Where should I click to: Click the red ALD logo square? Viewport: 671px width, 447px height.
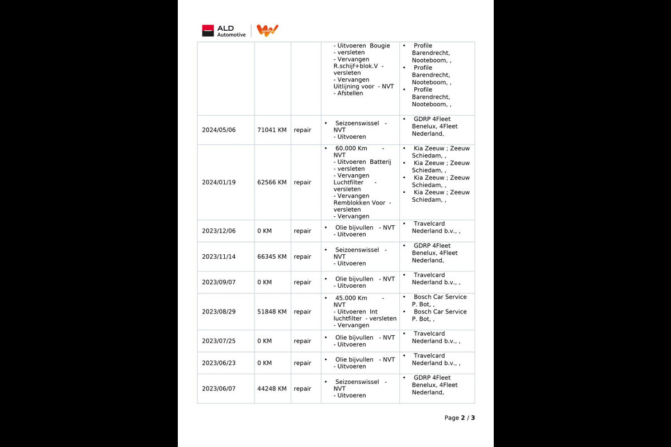208,31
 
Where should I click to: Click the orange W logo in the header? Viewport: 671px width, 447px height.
267,31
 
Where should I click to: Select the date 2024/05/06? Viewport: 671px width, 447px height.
219,130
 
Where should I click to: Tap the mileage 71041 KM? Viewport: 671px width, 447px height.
272,130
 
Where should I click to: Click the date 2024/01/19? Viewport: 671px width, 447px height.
219,182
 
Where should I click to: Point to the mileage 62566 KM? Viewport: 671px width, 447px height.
272,182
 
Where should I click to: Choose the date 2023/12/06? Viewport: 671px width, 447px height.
219,231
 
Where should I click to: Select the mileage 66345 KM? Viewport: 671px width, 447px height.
272,256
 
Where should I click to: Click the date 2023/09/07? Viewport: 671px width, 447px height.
219,282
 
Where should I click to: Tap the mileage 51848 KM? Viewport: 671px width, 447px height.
272,312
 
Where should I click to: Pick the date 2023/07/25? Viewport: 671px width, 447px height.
219,341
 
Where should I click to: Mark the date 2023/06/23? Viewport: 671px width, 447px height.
219,363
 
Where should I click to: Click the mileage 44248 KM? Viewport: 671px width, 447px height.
272,389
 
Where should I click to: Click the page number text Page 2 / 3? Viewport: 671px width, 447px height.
460,418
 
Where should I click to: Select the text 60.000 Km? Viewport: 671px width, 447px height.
351,149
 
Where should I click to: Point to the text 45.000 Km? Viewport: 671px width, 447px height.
351,298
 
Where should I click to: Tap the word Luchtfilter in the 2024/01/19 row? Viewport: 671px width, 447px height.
348,183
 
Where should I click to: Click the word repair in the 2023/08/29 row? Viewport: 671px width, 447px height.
303,312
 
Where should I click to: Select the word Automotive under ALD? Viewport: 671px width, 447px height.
231,35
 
